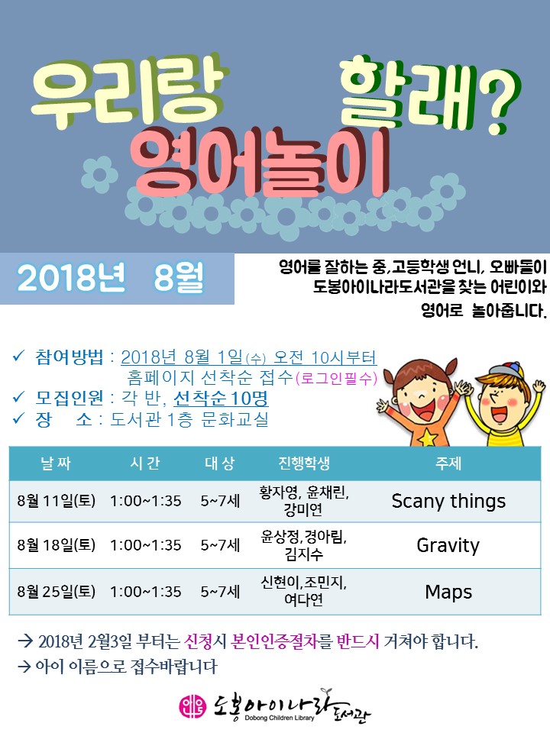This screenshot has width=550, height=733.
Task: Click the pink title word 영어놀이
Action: (x=259, y=162)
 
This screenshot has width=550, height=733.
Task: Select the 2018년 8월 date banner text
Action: (x=110, y=278)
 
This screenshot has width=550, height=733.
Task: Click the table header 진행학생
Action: (x=304, y=463)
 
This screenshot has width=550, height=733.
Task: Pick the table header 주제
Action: (x=448, y=463)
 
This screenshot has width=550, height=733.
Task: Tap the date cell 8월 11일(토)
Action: (x=56, y=501)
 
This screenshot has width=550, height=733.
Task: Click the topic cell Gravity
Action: (x=448, y=545)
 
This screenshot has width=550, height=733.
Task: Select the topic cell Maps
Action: (x=448, y=592)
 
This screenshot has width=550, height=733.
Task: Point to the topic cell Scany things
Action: (x=448, y=501)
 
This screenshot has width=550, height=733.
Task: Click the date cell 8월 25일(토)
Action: (x=56, y=592)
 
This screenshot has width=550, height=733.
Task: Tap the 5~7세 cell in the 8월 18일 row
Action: (x=220, y=545)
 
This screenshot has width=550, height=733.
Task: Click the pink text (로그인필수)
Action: (x=336, y=378)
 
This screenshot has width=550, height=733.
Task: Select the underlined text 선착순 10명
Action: (x=221, y=399)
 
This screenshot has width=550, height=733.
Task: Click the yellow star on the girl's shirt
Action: (x=427, y=438)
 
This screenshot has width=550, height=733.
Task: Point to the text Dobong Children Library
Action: (x=280, y=718)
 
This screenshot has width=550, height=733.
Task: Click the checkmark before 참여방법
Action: (x=18, y=357)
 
